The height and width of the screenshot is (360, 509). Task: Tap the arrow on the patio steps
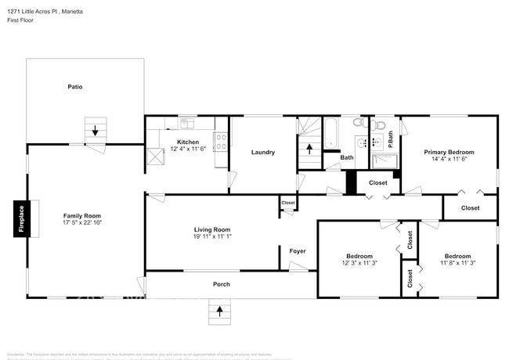pos(96,131)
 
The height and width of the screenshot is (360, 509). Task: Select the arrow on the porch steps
pos(219,310)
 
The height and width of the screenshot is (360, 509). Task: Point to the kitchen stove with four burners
pos(222,142)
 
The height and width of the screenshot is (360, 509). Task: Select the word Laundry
pos(262,152)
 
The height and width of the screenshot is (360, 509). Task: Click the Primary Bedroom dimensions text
pos(449,159)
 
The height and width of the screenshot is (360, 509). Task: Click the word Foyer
pos(298,250)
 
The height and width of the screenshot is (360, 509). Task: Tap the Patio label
pos(74,87)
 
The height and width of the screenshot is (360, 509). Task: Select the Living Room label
pos(212,229)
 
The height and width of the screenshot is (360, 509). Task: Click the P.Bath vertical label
pos(391,139)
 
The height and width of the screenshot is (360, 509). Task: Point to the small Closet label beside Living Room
pos(288,203)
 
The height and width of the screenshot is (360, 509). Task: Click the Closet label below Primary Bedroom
pos(470,207)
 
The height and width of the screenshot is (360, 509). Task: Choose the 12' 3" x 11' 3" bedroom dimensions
pos(359,263)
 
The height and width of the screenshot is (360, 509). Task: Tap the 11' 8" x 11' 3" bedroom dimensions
pos(457,263)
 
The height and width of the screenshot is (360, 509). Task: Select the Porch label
pos(222,284)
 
